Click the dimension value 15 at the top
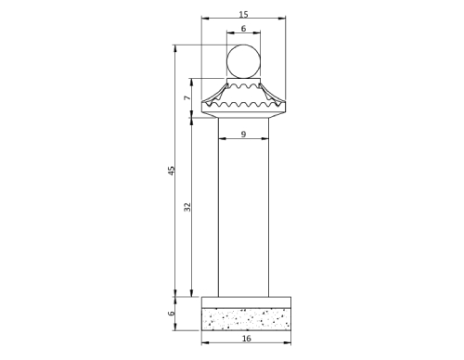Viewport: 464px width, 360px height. point(243,14)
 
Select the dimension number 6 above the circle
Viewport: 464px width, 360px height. point(243,30)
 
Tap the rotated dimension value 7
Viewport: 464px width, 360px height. point(187,97)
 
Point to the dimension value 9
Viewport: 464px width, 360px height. point(243,135)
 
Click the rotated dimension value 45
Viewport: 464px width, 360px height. point(172,170)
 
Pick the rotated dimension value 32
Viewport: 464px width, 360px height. point(187,206)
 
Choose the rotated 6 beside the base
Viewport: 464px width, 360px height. point(172,314)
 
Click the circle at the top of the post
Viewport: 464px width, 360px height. point(243,63)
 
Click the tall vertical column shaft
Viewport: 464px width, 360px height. point(243,213)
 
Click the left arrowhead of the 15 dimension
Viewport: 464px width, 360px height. point(205,19)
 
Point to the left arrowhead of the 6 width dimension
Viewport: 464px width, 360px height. point(230,35)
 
